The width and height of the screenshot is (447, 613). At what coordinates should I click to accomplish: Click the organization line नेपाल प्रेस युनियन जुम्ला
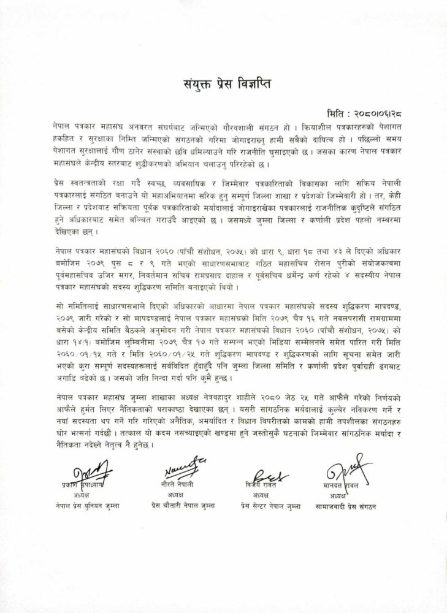(86, 506)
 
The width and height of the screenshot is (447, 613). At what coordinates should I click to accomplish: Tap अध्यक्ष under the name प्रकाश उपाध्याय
(85, 495)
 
